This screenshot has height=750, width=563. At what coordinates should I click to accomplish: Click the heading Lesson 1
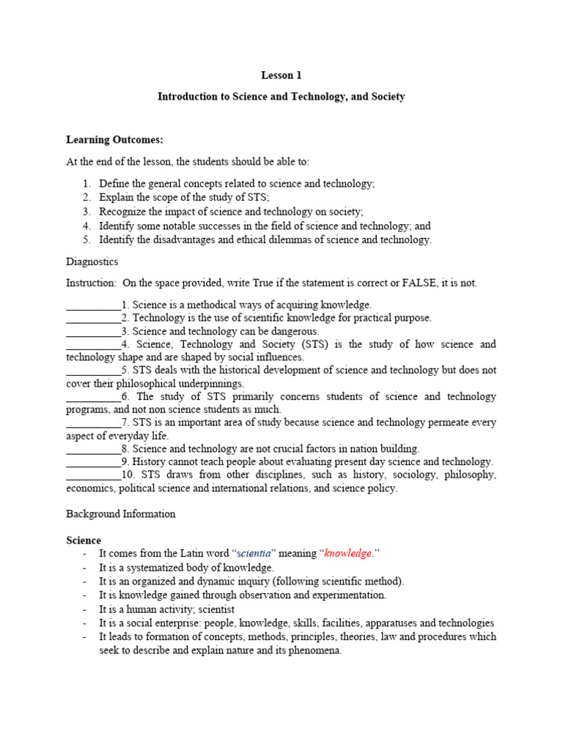tap(281, 75)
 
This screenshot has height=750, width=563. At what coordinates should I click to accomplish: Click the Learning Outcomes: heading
tap(114, 139)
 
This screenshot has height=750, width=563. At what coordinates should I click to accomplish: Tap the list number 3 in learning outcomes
tap(86, 212)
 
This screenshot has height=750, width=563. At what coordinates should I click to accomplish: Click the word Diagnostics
tap(92, 261)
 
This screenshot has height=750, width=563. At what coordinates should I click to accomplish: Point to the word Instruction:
tap(91, 283)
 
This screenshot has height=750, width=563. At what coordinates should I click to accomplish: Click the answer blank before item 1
tap(93, 305)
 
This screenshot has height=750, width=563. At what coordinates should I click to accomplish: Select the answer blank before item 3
tap(93, 332)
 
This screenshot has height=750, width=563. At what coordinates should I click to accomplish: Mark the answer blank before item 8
tap(93, 449)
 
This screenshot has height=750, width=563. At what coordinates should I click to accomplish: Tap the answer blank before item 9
tap(93, 462)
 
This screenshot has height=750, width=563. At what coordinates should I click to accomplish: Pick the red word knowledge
tap(348, 554)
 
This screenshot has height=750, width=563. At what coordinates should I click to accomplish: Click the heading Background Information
tap(121, 514)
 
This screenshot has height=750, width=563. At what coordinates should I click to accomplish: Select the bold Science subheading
tap(84, 541)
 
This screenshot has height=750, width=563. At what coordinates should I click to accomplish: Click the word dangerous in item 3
tap(295, 332)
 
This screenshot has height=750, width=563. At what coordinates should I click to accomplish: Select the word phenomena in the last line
tap(316, 650)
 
